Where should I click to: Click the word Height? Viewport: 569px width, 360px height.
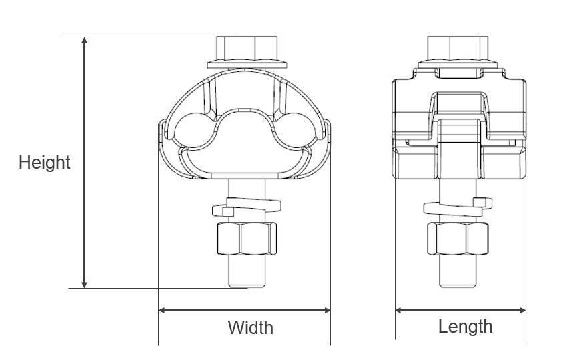tap(44, 162)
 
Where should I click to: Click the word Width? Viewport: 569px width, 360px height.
tap(250, 327)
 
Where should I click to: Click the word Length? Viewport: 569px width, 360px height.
tap(465, 327)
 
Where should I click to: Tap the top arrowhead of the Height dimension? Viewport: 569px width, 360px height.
tap(85, 41)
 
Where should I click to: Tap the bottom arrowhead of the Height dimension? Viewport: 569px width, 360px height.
tap(85, 283)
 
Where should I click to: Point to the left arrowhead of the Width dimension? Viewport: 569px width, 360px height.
tap(163, 310)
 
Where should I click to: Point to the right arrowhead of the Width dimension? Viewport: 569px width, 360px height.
tap(326, 310)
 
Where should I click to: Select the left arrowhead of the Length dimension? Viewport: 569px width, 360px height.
tap(400, 310)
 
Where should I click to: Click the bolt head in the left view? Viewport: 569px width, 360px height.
tap(246, 48)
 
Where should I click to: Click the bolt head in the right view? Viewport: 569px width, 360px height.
tap(460, 48)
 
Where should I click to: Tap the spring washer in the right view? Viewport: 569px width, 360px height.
tap(459, 207)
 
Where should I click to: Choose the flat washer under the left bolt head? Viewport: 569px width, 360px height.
tap(246, 65)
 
